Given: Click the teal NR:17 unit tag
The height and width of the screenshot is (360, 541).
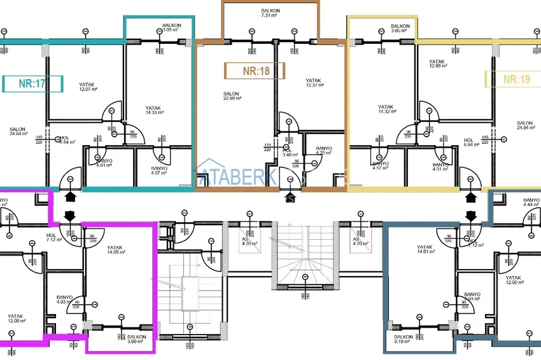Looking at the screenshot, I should pyautogui.click(x=32, y=83).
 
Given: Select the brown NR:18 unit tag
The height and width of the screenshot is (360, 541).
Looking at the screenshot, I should pyautogui.click(x=255, y=71).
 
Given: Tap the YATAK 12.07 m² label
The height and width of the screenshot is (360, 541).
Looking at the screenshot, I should pyautogui.click(x=88, y=87).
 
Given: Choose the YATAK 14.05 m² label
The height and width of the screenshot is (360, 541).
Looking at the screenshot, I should pyautogui.click(x=115, y=250).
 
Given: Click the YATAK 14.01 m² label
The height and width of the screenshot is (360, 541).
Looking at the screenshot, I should pyautogui.click(x=425, y=250).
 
